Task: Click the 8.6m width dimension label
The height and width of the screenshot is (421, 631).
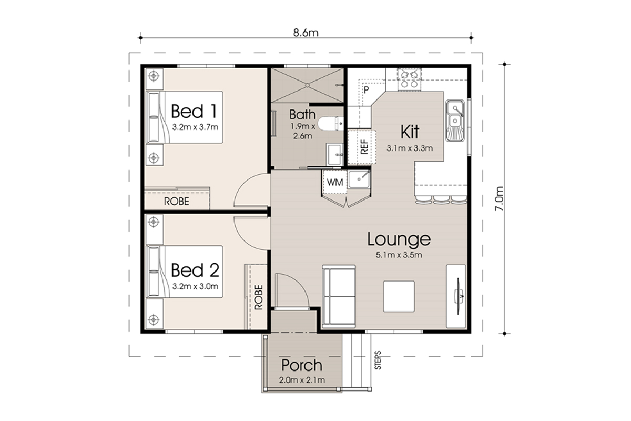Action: point(306,33)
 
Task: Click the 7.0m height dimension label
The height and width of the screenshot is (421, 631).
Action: point(499,198)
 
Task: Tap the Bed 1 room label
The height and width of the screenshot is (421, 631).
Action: point(194,111)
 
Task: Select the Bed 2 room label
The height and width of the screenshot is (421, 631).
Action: point(195,270)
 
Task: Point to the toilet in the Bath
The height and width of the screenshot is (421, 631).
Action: point(330,124)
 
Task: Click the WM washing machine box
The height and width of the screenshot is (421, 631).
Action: point(334,182)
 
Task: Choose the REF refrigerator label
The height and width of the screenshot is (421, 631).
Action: point(364,147)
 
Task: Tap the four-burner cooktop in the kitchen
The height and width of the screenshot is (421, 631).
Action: point(409,79)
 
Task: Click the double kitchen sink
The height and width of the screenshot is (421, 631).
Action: point(455,121)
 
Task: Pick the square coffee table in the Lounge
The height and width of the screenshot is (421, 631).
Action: point(399,296)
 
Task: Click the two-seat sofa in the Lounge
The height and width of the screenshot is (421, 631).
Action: point(339,296)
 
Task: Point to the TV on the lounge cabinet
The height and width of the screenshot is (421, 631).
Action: point(459,296)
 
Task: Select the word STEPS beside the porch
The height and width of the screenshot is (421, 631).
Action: point(378,360)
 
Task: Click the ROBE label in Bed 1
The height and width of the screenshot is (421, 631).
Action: point(177,202)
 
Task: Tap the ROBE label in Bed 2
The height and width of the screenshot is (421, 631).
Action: point(259,297)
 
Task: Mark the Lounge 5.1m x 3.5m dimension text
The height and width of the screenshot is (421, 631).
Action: point(399,255)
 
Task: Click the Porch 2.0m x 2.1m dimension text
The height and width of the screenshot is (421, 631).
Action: point(302,380)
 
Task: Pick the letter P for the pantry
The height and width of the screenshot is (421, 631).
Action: point(366,90)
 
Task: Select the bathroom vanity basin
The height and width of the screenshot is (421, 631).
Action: point(335,154)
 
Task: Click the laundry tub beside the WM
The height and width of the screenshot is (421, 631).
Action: point(359,179)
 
